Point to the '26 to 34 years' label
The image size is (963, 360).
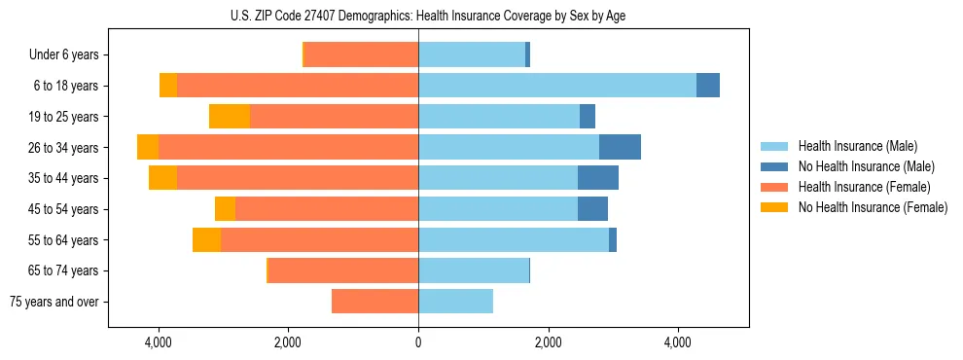click(x=63, y=148)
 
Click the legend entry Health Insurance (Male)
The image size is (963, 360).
click(x=856, y=146)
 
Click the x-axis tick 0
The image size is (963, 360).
click(x=418, y=342)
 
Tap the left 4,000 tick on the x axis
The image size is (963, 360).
click(x=159, y=342)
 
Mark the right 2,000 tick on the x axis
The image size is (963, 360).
click(x=549, y=342)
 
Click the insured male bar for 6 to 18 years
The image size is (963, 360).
click(x=557, y=86)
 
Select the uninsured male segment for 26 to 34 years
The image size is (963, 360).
click(x=620, y=147)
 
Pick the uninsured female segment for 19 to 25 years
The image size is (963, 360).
click(x=230, y=117)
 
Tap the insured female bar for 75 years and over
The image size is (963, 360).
click(x=374, y=302)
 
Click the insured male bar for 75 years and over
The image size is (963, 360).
click(x=455, y=302)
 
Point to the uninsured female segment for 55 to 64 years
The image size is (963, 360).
click(x=206, y=239)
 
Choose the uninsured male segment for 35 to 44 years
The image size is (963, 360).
click(x=598, y=178)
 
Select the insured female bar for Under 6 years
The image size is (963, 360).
click(x=361, y=54)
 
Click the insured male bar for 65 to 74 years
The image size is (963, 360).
click(x=474, y=270)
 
